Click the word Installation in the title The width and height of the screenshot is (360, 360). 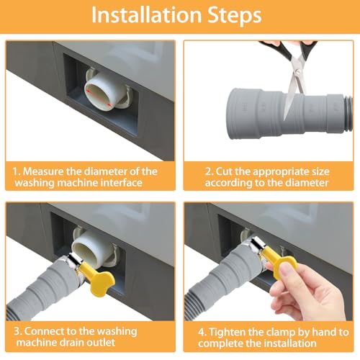[146, 15]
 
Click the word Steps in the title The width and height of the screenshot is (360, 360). [235, 16]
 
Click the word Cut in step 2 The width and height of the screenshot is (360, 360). [224, 171]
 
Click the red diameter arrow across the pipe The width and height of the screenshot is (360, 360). [99, 98]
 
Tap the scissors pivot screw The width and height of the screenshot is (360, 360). [298, 71]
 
